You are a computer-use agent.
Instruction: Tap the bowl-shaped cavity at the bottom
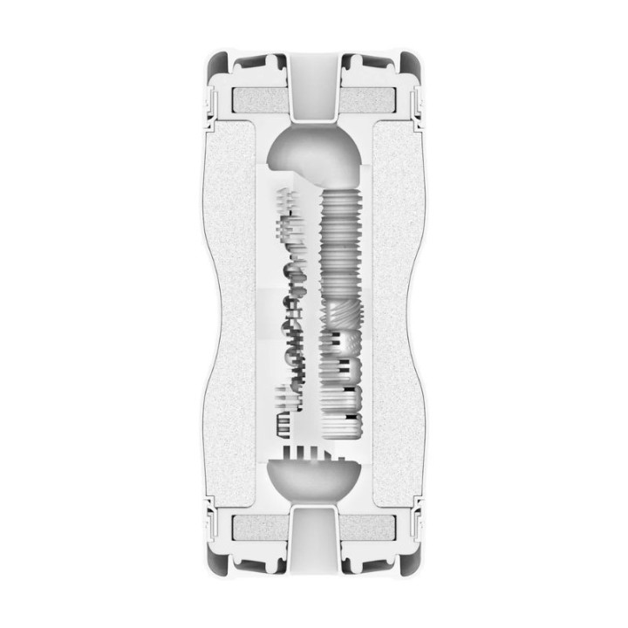pyautogui.click(x=314, y=480)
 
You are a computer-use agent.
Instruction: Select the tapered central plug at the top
pyautogui.click(x=314, y=87)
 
